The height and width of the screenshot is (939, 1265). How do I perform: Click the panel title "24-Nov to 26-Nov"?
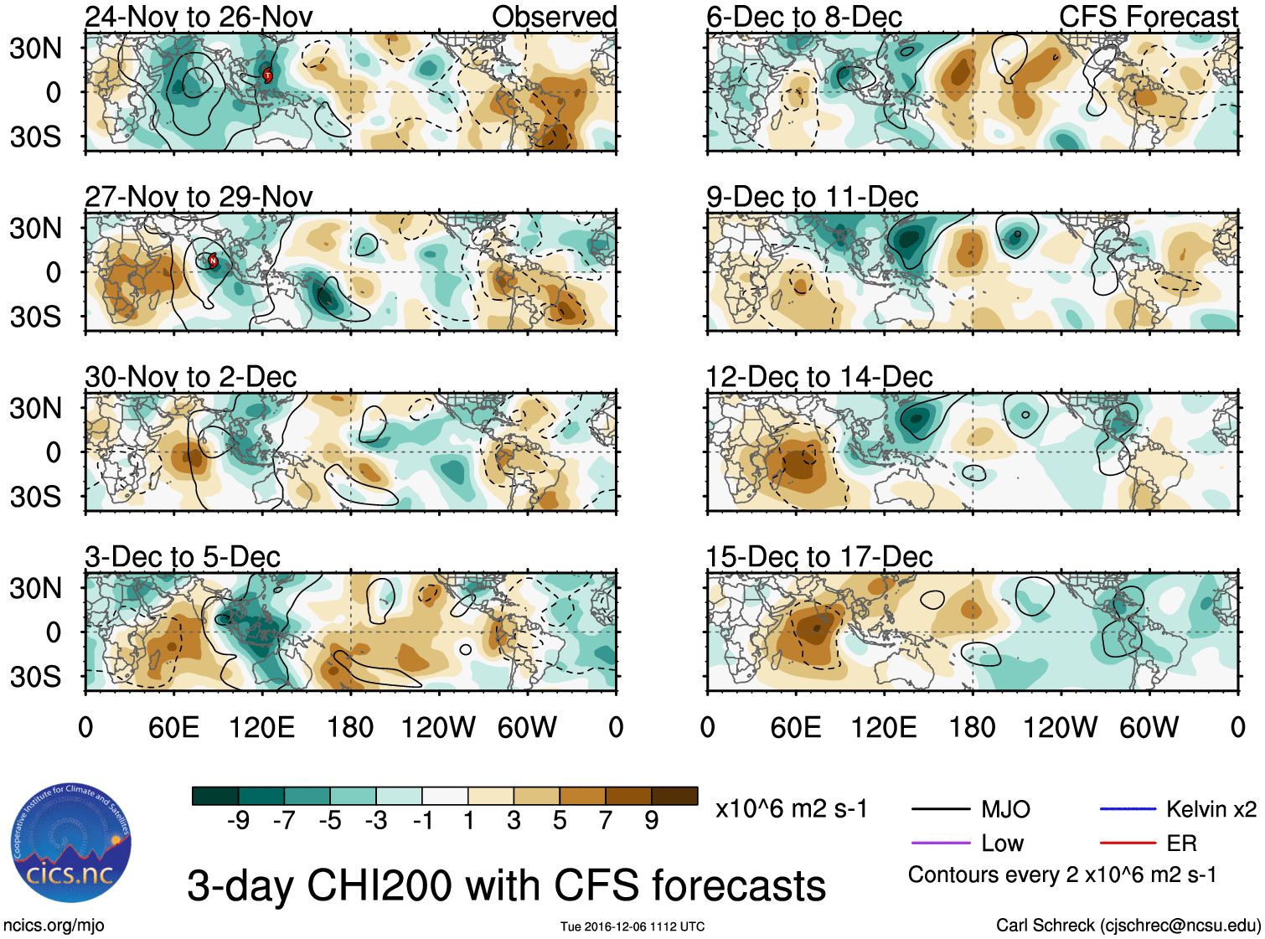(x=199, y=17)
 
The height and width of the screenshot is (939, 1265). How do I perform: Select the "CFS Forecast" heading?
(x=1148, y=17)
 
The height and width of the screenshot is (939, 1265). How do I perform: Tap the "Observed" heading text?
(x=554, y=17)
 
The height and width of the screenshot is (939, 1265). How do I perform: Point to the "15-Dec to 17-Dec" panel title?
(x=819, y=557)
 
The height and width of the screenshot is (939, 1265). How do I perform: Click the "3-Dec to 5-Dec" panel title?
(x=183, y=557)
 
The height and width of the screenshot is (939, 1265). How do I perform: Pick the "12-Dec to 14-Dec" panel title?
(x=819, y=377)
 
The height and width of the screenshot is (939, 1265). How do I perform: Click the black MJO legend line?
(x=940, y=809)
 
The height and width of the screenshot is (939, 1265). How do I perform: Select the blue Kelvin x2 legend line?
(x=1128, y=809)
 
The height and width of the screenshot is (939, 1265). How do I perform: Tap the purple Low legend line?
(x=940, y=843)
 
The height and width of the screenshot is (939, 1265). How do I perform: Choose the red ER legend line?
(x=1128, y=843)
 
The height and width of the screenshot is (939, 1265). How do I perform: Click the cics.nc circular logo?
(x=71, y=844)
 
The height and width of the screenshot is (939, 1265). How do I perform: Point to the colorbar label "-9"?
(x=238, y=821)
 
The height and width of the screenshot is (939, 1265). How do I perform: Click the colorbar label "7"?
(x=606, y=821)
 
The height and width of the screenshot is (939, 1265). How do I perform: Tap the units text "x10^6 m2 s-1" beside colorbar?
(x=791, y=809)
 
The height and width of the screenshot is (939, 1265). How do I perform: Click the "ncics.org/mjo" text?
(x=54, y=926)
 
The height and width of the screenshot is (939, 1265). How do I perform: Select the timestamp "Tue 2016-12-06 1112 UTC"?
(x=632, y=926)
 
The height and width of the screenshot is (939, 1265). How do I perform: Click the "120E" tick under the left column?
(x=262, y=727)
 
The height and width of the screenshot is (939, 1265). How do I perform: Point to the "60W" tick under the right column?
(x=1149, y=727)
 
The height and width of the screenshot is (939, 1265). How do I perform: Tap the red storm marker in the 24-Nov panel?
(x=268, y=76)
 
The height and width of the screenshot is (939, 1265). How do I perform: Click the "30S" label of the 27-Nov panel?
(x=35, y=317)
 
